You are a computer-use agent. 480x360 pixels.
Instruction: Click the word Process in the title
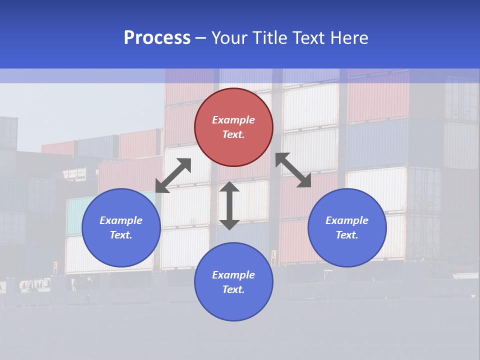point(157,38)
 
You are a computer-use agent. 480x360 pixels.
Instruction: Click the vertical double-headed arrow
point(229,205)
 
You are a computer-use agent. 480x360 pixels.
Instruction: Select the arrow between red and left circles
point(173,175)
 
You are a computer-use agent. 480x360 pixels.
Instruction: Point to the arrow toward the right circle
point(293,170)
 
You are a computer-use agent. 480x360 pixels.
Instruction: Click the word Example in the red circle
point(233,120)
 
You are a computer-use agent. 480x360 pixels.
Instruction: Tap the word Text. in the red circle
point(233,134)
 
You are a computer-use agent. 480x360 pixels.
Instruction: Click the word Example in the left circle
point(121,220)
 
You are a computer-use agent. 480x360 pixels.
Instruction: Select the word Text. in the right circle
point(347,235)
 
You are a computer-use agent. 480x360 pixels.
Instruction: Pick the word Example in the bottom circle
point(233,275)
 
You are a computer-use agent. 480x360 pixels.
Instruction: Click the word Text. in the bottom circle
point(233,289)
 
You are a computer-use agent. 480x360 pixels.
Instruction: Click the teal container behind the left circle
point(75,215)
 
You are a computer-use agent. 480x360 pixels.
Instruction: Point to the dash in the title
point(200,38)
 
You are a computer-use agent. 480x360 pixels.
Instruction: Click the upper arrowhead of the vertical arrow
point(229,187)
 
